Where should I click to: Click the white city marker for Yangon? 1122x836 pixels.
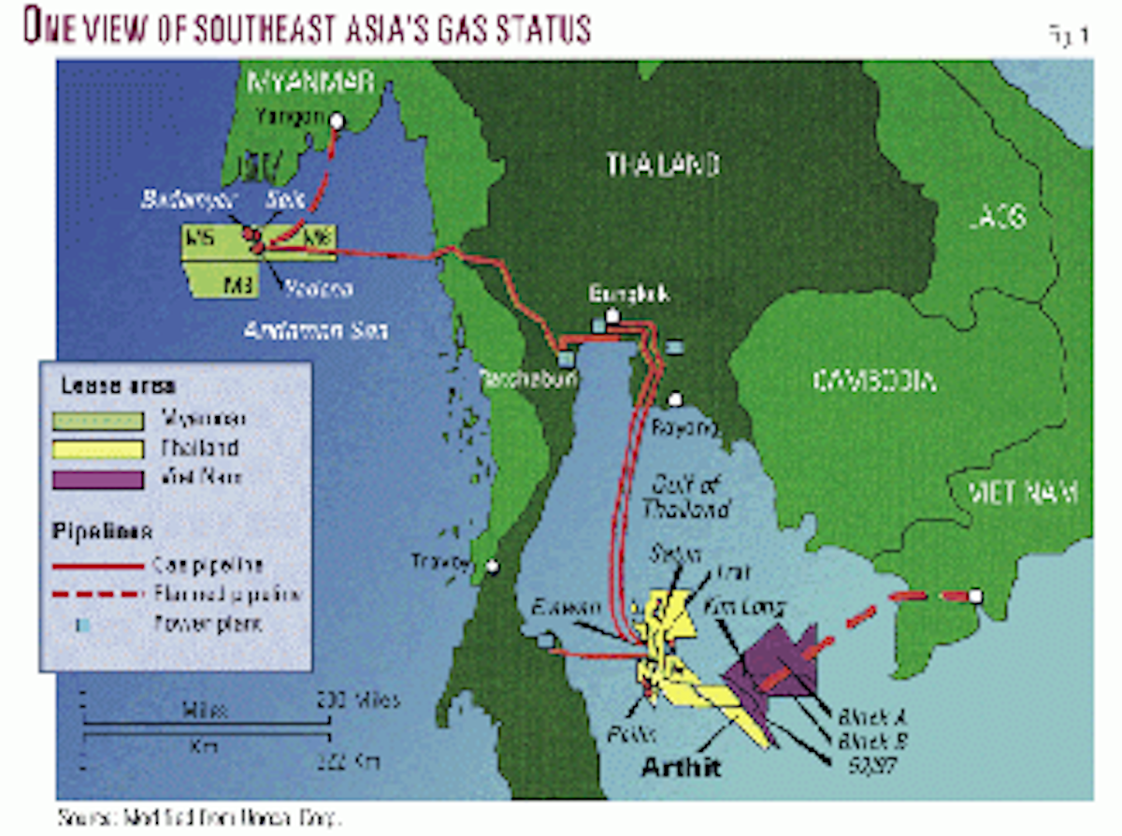[336, 121]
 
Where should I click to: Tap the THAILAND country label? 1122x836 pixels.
[662, 165]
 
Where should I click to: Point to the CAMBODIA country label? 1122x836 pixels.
[875, 380]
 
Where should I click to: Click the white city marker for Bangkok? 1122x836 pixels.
[611, 316]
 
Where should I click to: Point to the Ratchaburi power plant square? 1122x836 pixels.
[566, 358]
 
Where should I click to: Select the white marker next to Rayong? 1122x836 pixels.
[675, 400]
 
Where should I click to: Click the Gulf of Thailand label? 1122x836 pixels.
[678, 497]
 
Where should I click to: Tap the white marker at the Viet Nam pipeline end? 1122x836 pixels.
[976, 596]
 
